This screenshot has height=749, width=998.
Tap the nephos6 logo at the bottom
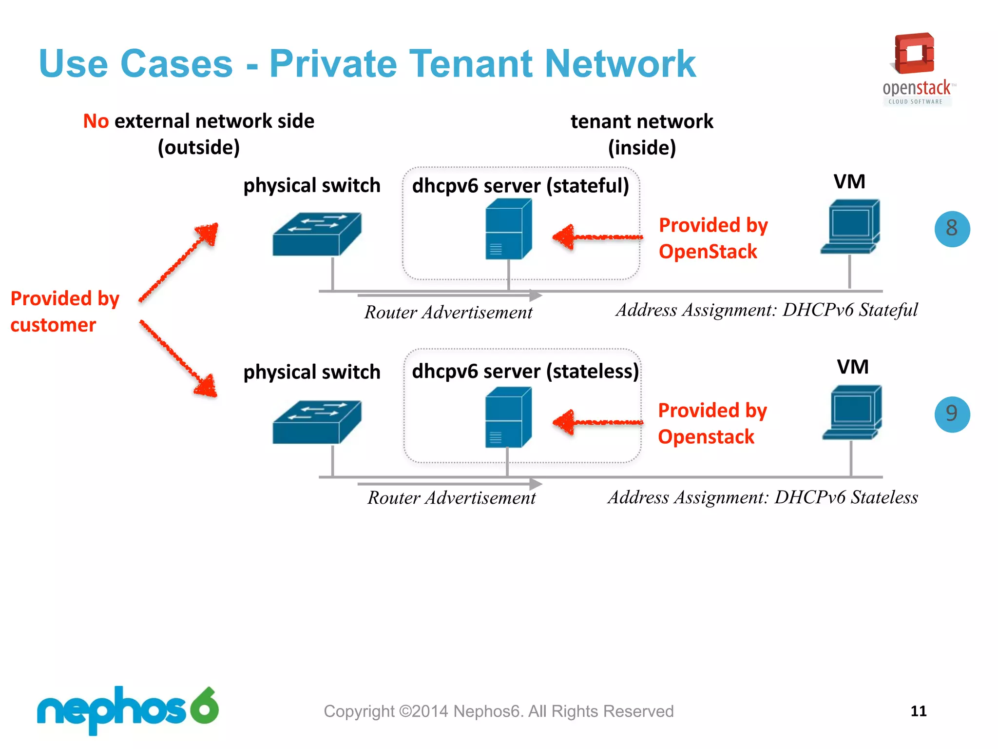(x=128, y=710)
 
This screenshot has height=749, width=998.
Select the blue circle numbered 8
(x=952, y=229)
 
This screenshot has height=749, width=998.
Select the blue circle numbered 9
(x=952, y=414)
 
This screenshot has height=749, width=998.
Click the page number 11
(x=918, y=711)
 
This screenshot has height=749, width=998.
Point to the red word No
(x=96, y=121)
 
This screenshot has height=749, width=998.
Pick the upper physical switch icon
(x=317, y=234)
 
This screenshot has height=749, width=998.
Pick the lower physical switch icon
(x=317, y=422)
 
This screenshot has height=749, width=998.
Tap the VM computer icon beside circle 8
(x=850, y=227)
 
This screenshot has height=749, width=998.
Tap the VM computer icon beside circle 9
(x=852, y=413)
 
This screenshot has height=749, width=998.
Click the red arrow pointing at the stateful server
(x=597, y=237)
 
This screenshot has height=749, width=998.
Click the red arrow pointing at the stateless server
(x=597, y=422)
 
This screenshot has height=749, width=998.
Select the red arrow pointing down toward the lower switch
(x=178, y=358)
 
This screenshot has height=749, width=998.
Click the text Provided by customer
(x=64, y=311)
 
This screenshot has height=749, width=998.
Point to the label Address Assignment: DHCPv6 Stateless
(x=762, y=497)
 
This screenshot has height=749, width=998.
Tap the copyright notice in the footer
(x=499, y=711)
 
